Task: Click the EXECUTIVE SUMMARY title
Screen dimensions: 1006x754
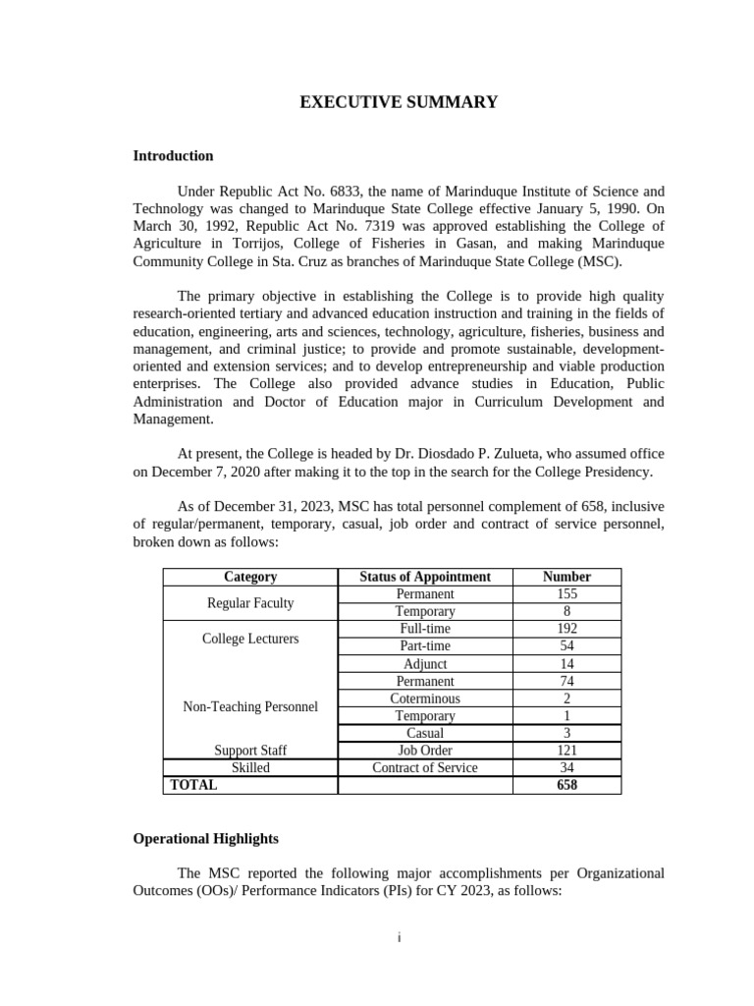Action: point(399,102)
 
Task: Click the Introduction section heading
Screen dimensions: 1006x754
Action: point(173,155)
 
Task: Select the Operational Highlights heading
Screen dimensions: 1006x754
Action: point(205,838)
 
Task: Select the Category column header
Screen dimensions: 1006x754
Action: point(250,577)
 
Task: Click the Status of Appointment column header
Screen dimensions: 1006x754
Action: point(425,577)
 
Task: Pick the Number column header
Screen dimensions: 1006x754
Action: point(566,577)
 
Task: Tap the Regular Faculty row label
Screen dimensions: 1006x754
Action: point(250,602)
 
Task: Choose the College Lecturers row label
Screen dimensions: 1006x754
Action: point(250,639)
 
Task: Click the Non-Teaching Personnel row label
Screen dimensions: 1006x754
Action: point(250,706)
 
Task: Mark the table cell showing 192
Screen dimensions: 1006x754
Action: point(566,629)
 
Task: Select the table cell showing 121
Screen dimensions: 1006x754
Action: point(566,751)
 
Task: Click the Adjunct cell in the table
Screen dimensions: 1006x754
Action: point(425,664)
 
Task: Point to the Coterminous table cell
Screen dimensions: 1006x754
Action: point(425,699)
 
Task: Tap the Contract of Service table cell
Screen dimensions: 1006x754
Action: point(425,767)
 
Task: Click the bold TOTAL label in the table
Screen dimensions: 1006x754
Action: point(194,785)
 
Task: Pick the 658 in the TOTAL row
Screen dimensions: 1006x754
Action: point(566,785)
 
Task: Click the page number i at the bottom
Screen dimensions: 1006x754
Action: point(399,937)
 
